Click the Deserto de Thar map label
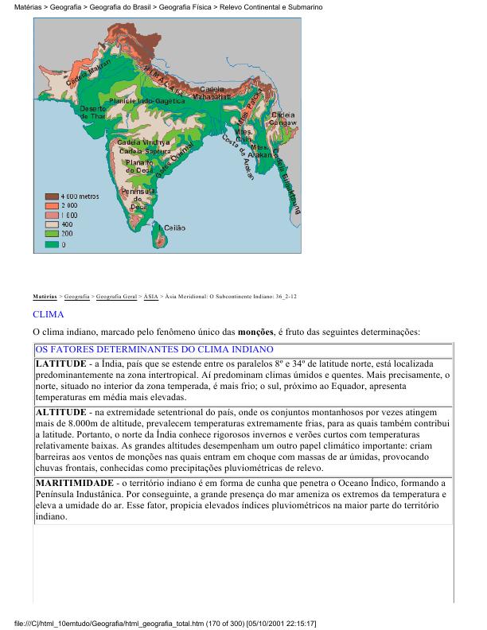point(92,112)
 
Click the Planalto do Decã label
point(139,165)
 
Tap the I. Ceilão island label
point(172,227)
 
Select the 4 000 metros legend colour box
point(51,196)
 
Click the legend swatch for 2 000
point(51,205)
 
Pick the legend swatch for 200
point(51,235)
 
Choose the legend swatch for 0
point(51,244)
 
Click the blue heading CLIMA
point(49,315)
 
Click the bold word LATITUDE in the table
point(60,364)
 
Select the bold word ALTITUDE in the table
point(60,413)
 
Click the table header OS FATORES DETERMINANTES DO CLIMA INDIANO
point(154,349)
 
